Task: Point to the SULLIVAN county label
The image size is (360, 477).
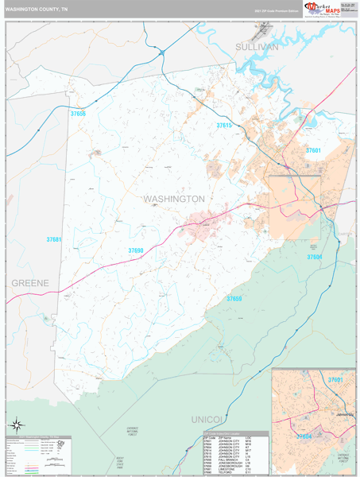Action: pyautogui.click(x=257, y=48)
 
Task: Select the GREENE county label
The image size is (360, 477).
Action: pyautogui.click(x=29, y=283)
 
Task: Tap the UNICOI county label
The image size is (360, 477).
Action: pyautogui.click(x=209, y=418)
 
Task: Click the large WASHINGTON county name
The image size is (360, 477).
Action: pyautogui.click(x=174, y=198)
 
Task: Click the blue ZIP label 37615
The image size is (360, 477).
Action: pyautogui.click(x=225, y=126)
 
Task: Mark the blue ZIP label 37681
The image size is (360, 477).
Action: pyautogui.click(x=53, y=239)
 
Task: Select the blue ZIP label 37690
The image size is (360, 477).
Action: pyautogui.click(x=137, y=250)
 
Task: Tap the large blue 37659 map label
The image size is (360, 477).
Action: pyautogui.click(x=234, y=298)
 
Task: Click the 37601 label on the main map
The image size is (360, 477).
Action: pyautogui.click(x=313, y=149)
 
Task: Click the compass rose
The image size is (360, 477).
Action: pyautogui.click(x=14, y=424)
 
